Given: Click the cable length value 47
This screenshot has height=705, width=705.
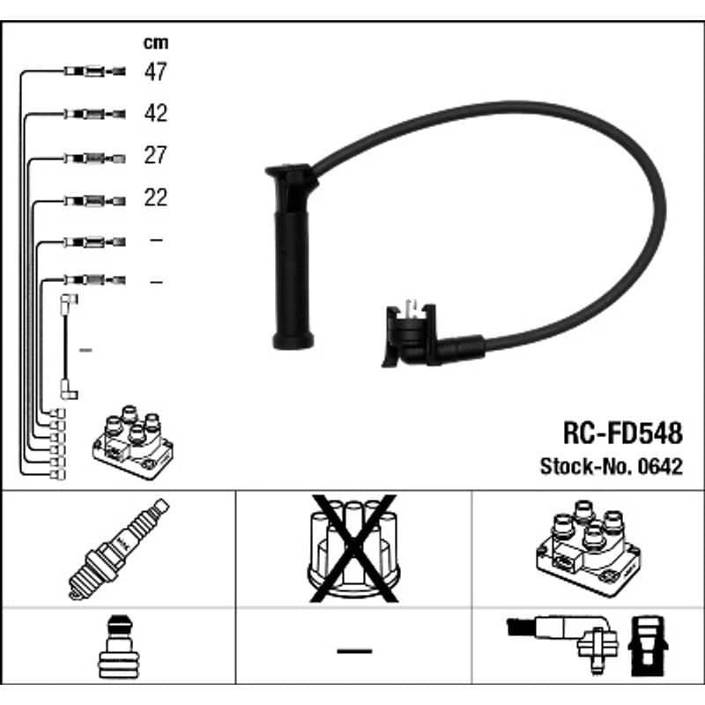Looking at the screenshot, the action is (x=156, y=71).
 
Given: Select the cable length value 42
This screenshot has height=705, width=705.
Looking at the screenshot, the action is (x=156, y=113).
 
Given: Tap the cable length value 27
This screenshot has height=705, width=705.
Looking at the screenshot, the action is (x=156, y=155).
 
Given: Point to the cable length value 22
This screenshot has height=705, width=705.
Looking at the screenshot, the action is (x=156, y=197).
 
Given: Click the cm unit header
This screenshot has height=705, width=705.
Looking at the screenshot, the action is (x=156, y=42).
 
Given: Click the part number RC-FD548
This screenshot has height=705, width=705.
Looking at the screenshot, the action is (x=623, y=433).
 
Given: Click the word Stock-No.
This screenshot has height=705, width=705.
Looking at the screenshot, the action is (x=586, y=467).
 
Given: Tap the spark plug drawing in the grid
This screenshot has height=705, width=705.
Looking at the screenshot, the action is (x=119, y=549).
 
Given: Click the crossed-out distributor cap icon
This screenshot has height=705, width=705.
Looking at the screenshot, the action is (x=354, y=548).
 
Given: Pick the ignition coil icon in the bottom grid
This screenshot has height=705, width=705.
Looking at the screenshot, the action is (x=589, y=548).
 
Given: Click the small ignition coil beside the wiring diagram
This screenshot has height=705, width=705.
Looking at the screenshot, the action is (x=133, y=442).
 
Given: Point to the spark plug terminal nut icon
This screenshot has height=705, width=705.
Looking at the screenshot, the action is (x=119, y=647).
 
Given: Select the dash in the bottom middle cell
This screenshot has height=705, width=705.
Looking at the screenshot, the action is (x=354, y=650).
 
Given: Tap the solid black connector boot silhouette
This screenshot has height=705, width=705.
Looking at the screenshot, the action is (x=648, y=646).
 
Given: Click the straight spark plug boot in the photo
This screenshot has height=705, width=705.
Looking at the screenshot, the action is (x=293, y=256).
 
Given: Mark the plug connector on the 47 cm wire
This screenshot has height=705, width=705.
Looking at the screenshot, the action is (x=94, y=71).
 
